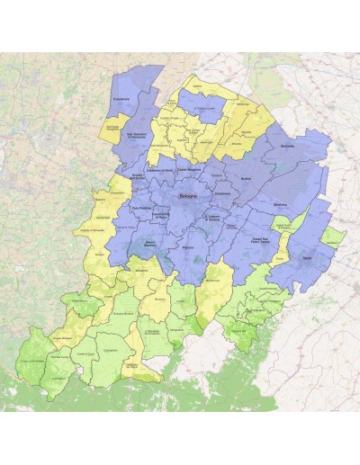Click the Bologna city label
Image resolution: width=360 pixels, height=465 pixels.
(x=187, y=195)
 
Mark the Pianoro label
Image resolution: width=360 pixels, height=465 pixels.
(x=187, y=246)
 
